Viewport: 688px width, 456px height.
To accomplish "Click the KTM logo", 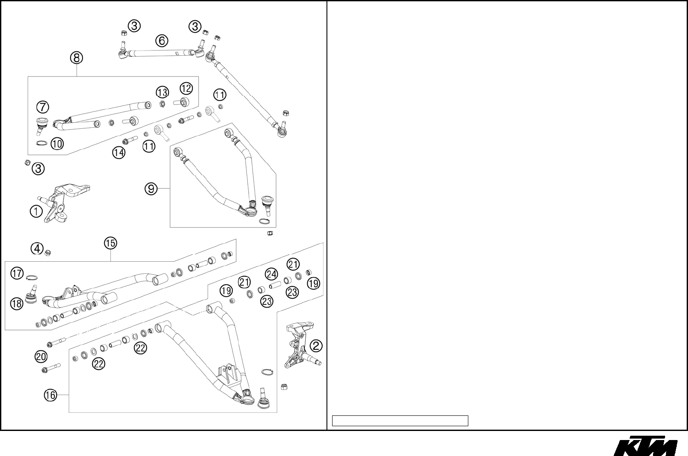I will click(646, 446).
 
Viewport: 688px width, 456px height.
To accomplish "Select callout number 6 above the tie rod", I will click(161, 41).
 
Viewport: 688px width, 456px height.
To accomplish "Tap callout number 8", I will click(77, 57).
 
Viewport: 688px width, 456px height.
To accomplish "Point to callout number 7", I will click(42, 107).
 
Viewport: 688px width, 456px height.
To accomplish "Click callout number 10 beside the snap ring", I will click(57, 143).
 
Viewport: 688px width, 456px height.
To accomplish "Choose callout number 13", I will click(162, 92).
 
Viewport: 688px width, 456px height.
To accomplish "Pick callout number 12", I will click(186, 88).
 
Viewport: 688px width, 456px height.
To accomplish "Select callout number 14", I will click(118, 152).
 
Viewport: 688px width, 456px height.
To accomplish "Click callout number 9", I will click(151, 189).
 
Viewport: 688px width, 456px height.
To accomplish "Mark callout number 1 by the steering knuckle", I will click(36, 211).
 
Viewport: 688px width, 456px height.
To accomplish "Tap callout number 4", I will click(37, 249).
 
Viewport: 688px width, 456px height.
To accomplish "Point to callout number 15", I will click(110, 243).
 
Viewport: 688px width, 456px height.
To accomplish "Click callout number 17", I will click(17, 273).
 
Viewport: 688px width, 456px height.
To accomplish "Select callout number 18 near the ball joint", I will click(17, 304).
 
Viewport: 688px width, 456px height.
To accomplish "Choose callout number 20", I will click(41, 357).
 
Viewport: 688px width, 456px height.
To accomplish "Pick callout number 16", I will click(50, 395).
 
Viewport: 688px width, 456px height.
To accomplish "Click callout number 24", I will click(271, 274).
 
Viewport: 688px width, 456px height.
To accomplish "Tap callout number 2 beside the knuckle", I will click(316, 345).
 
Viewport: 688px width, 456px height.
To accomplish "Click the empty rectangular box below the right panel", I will click(400, 421).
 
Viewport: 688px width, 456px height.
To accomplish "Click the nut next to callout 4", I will click(48, 252).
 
